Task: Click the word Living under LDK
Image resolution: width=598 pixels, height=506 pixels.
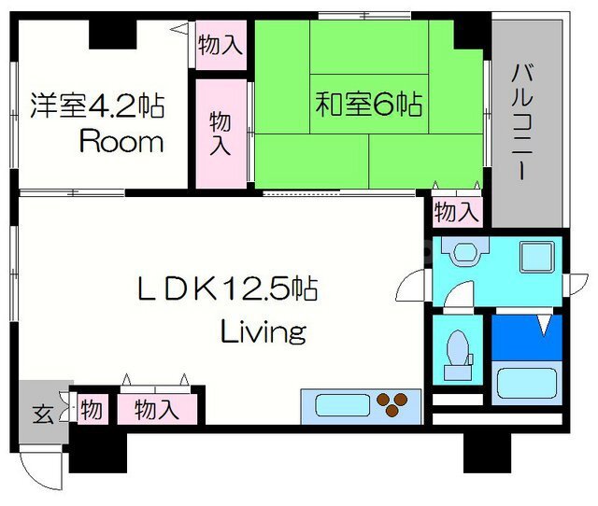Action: pyautogui.click(x=263, y=331)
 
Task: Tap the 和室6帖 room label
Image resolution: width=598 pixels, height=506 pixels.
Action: pyautogui.click(x=369, y=104)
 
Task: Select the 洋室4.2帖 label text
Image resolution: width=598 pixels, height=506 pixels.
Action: pyautogui.click(x=97, y=105)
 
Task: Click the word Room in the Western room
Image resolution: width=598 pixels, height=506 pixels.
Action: pyautogui.click(x=121, y=142)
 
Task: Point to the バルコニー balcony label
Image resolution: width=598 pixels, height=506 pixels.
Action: pyautogui.click(x=521, y=122)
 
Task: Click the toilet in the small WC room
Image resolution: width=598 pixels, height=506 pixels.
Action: pyautogui.click(x=458, y=355)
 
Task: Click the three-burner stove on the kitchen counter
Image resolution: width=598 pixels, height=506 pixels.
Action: pyautogui.click(x=392, y=404)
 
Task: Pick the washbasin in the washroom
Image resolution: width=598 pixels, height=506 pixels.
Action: pyautogui.click(x=465, y=252)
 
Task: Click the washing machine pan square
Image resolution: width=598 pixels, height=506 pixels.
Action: pyautogui.click(x=537, y=257)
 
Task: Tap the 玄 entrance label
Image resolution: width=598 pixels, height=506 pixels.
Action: pyautogui.click(x=42, y=414)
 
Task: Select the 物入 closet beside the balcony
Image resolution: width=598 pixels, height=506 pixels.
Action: pyautogui.click(x=457, y=212)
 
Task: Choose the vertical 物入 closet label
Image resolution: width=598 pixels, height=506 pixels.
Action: pyautogui.click(x=221, y=134)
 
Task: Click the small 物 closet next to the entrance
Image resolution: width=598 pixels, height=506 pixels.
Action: pyautogui.click(x=92, y=409)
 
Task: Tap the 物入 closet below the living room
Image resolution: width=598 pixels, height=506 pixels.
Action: pyautogui.click(x=157, y=409)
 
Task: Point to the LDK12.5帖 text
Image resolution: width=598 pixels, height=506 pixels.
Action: pyautogui.click(x=227, y=288)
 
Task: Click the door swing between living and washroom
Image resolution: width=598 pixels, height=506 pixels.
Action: pyautogui.click(x=413, y=285)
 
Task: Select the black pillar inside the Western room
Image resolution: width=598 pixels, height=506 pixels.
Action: pyautogui.click(x=112, y=35)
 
